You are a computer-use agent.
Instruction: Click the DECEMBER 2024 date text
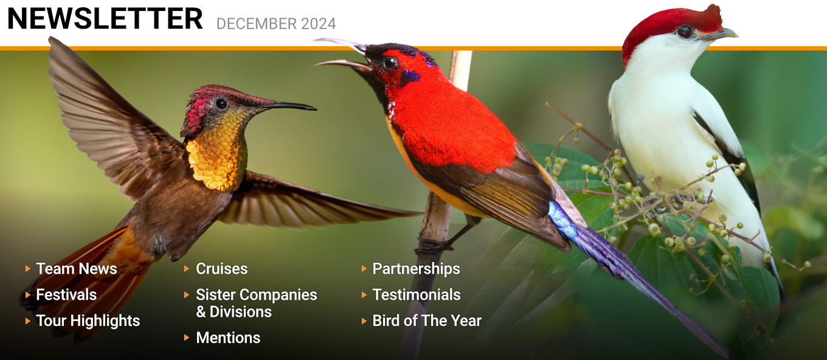click(x=276, y=24)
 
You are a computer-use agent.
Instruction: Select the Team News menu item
click(x=77, y=269)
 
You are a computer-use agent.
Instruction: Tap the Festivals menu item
click(x=66, y=295)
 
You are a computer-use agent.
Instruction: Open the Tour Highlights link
click(x=88, y=321)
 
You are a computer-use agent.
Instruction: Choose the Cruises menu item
click(x=221, y=269)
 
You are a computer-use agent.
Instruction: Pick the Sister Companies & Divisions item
click(x=256, y=303)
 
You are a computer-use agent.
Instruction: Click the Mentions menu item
click(x=228, y=338)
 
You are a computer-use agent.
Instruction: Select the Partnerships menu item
click(x=416, y=269)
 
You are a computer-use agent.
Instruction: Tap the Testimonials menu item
click(x=417, y=295)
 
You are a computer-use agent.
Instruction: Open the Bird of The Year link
click(x=427, y=321)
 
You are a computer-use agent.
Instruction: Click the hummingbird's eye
click(x=221, y=103)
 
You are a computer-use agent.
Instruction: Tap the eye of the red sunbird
click(x=390, y=63)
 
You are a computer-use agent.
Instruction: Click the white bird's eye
click(x=685, y=32)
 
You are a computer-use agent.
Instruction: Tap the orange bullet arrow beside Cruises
click(x=187, y=269)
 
